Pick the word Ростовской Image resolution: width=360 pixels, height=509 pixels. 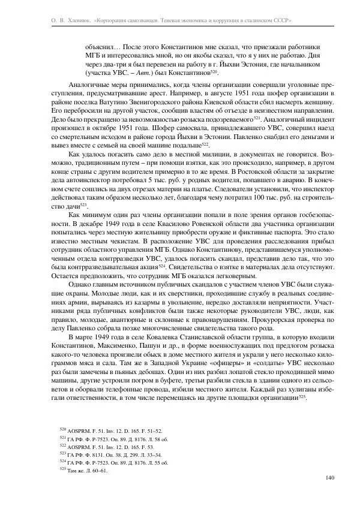212,171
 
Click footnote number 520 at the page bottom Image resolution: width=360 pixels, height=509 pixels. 63,431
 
